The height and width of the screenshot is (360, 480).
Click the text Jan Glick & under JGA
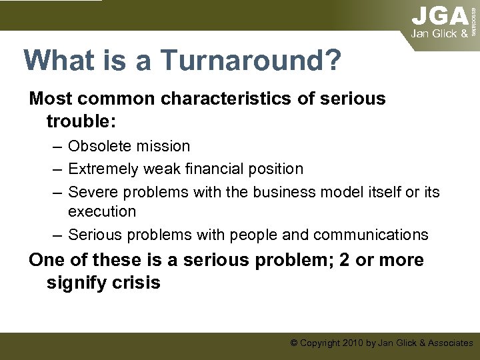(x=439, y=33)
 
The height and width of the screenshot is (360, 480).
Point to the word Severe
(x=92, y=193)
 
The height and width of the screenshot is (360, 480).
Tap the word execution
(x=102, y=211)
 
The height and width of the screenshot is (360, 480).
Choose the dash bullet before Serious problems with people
(x=57, y=235)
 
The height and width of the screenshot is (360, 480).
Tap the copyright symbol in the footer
(x=294, y=343)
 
